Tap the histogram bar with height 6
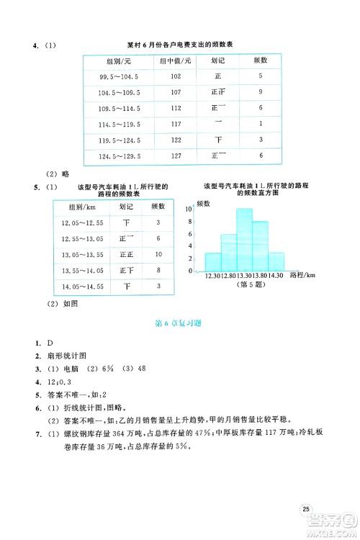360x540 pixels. coord(228,253)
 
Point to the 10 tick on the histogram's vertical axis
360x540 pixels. coord(190,209)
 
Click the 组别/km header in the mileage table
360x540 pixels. coord(79,207)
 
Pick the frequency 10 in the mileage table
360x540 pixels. coord(158,254)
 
